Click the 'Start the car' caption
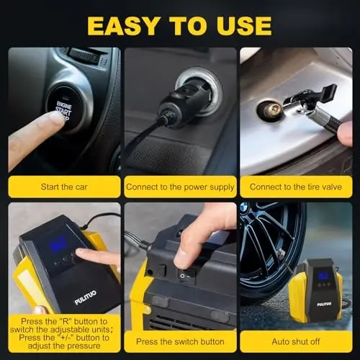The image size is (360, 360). pyautogui.click(x=63, y=187)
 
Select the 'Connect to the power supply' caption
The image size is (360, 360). pyautogui.click(x=180, y=187)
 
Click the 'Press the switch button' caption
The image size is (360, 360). pyautogui.click(x=180, y=341)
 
